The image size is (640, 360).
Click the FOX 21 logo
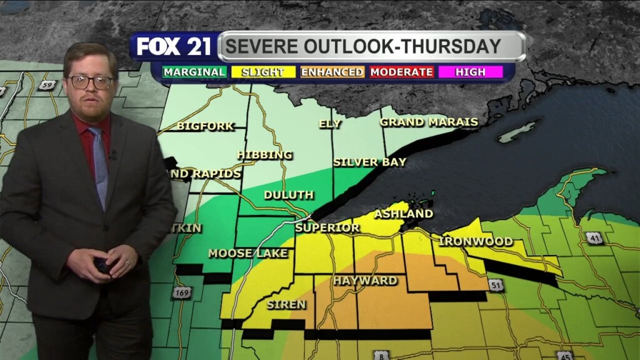pos(174,47)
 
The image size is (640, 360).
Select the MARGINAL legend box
pos(194,72)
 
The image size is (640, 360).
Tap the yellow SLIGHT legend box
pos(262,72)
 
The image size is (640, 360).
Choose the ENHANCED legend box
pos(332,72)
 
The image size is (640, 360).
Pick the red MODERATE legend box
pos(401,72)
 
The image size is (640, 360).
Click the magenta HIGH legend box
pos(470,72)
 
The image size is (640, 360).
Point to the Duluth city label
pos(288,195)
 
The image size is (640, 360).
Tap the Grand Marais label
pos(429,122)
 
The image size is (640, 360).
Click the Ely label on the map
pos(330,124)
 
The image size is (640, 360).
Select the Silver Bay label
pos(369,162)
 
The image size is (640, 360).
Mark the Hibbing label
pos(264,154)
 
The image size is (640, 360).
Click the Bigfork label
pos(205,126)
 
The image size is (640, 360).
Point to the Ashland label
pos(403,214)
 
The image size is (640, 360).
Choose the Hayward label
pos(365,281)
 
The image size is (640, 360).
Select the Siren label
pos(286,305)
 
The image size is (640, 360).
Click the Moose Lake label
pos(247,253)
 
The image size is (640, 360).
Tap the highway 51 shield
pos(496,285)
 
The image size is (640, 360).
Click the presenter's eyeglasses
pos(91,81)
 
